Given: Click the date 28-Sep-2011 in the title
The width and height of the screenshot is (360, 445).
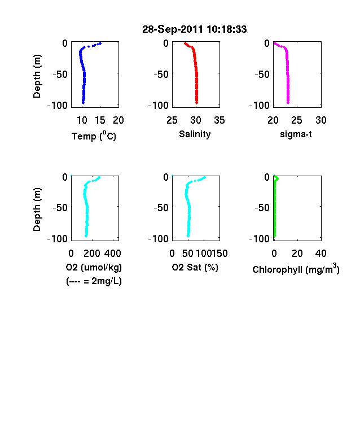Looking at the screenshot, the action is click(x=172, y=29).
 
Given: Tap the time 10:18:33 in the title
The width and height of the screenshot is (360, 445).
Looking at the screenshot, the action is click(x=226, y=29).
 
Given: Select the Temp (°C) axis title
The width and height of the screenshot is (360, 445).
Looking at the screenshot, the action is click(x=94, y=136).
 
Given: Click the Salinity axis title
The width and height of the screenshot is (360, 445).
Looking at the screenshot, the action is click(x=195, y=134).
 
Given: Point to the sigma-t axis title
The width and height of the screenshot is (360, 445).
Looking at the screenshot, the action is click(x=296, y=134).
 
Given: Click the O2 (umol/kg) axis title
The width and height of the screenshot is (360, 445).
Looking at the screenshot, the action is click(x=94, y=268).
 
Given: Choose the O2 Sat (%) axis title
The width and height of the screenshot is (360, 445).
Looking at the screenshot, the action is click(x=195, y=268).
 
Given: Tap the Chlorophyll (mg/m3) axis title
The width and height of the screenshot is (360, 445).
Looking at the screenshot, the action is click(x=296, y=269).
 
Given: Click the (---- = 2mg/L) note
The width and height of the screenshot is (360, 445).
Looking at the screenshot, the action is click(x=94, y=281).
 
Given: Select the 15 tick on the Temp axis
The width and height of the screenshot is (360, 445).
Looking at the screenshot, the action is click(x=100, y=120).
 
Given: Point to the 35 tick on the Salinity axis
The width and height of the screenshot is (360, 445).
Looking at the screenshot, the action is click(x=219, y=120).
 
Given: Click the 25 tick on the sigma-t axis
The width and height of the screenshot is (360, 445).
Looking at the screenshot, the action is click(x=296, y=120).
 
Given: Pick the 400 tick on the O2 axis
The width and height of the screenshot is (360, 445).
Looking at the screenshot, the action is click(x=112, y=254).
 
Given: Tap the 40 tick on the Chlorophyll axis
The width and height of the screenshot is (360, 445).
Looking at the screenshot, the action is click(x=321, y=254).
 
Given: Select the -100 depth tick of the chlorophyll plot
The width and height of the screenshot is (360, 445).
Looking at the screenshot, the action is click(x=260, y=238).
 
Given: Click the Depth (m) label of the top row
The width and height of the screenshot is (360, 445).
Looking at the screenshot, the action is click(x=37, y=76).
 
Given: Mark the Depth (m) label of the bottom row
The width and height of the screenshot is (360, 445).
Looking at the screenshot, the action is click(x=37, y=210).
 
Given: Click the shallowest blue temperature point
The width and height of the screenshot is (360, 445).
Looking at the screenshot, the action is click(x=100, y=43).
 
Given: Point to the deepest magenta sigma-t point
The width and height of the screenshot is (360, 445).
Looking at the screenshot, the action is click(x=288, y=103).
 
